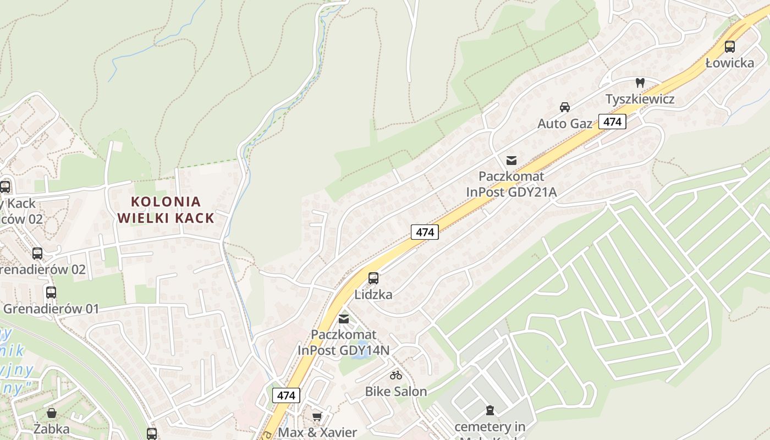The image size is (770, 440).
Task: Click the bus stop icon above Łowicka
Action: click(x=730, y=47)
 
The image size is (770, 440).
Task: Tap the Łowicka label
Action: click(x=730, y=63)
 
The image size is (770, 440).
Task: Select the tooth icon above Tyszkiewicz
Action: click(x=640, y=83)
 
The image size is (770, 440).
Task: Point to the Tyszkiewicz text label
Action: click(x=640, y=99)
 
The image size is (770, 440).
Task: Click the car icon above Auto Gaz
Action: click(x=565, y=107)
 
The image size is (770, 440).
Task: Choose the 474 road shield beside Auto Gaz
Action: click(x=613, y=122)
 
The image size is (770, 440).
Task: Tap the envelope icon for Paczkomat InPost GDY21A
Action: click(x=512, y=161)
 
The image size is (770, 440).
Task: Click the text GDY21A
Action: click(x=530, y=192)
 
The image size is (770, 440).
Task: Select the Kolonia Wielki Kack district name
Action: click(x=166, y=210)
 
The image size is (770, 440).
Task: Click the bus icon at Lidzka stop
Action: click(x=373, y=278)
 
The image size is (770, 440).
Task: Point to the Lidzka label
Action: click(x=373, y=294)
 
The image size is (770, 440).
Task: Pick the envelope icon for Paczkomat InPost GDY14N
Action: click(x=344, y=319)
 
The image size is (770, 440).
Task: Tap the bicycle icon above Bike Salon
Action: click(x=396, y=376)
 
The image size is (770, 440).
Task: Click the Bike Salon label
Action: click(x=396, y=392)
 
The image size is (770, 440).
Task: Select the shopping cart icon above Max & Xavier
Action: click(x=317, y=417)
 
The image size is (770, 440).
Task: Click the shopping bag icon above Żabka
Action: click(x=52, y=413)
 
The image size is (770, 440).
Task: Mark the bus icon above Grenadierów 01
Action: click(x=51, y=293)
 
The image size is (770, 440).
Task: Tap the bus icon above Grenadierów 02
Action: click(x=37, y=254)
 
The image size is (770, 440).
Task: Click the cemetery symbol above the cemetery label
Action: click(x=490, y=410)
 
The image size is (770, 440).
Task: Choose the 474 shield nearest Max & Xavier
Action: click(x=286, y=395)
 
